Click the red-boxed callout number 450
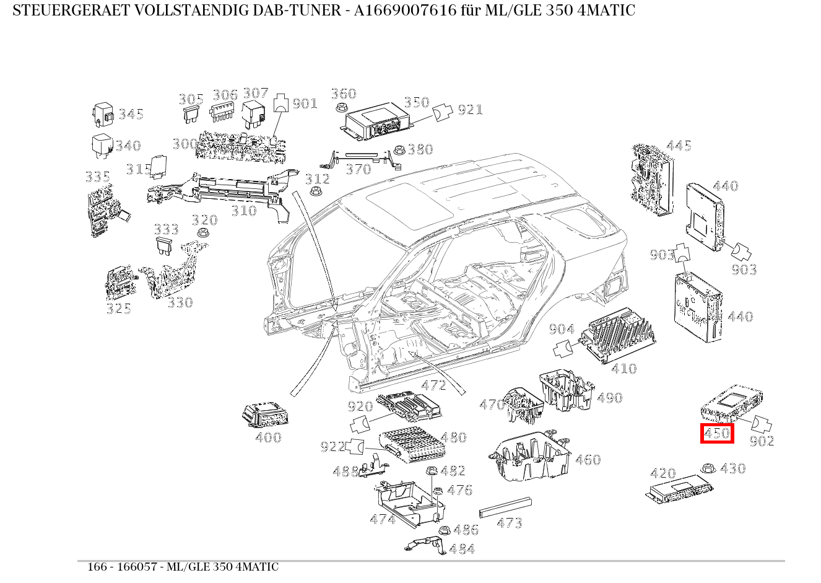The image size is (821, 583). pyautogui.click(x=717, y=434)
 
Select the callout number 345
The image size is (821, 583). pyautogui.click(x=131, y=114)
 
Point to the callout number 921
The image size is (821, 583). pyautogui.click(x=470, y=110)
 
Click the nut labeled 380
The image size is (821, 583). pyautogui.click(x=399, y=150)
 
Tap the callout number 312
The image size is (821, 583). pyautogui.click(x=318, y=179)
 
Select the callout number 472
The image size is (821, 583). pyautogui.click(x=433, y=385)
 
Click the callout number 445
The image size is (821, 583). pyautogui.click(x=679, y=146)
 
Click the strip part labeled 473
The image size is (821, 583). pyautogui.click(x=505, y=507)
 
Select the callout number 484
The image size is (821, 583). pyautogui.click(x=462, y=549)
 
